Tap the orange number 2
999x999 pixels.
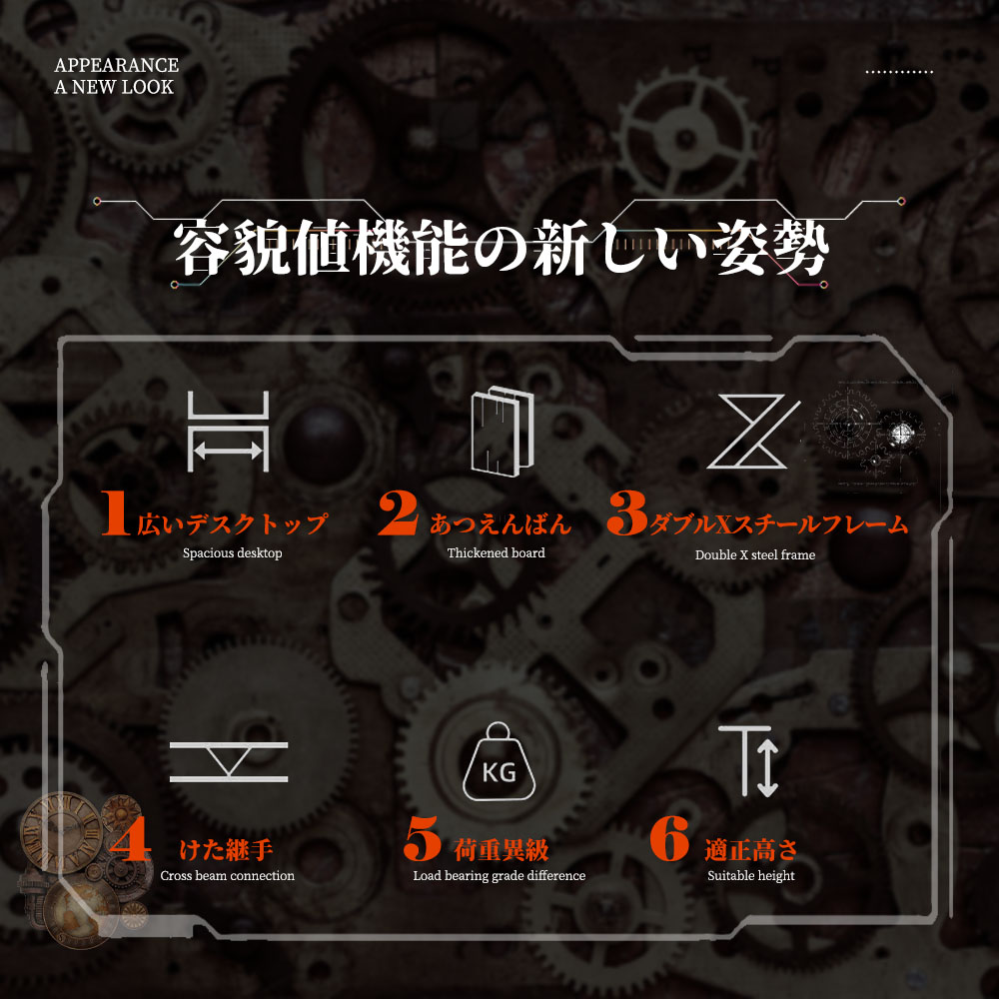tap(399, 512)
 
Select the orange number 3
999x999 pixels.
tap(627, 512)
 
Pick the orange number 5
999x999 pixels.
tap(422, 838)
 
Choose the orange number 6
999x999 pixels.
tap(669, 838)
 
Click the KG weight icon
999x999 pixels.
tap(499, 761)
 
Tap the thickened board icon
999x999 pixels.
tap(502, 432)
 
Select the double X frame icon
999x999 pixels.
tap(753, 432)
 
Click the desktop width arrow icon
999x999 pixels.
tap(228, 432)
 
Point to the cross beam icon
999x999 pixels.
tap(229, 761)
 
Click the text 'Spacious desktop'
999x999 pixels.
tap(233, 553)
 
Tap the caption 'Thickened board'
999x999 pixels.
tap(497, 553)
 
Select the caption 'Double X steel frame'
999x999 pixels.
tap(755, 554)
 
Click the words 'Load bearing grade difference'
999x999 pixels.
tap(499, 876)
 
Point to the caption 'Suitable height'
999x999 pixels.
tap(751, 876)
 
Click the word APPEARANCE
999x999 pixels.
tap(117, 65)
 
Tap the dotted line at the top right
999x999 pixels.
tap(899, 72)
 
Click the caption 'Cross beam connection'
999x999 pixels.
tap(228, 876)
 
